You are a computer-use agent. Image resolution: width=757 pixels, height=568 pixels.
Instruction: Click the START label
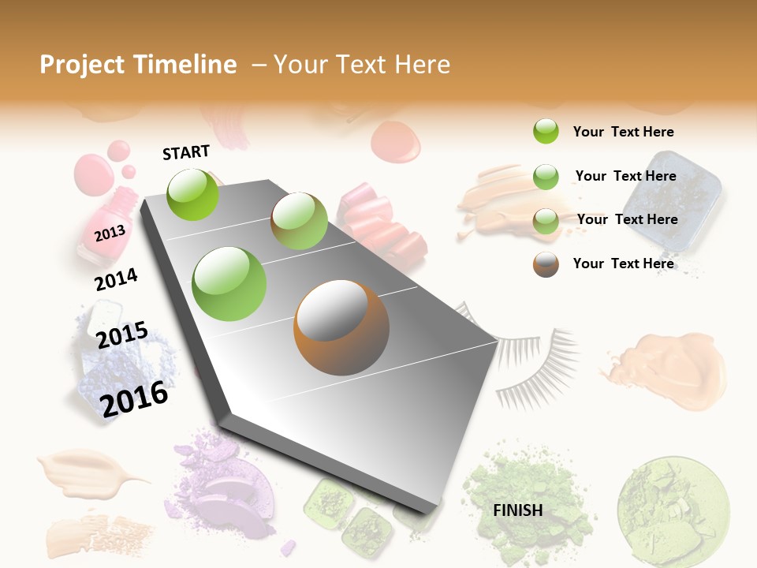click(186, 152)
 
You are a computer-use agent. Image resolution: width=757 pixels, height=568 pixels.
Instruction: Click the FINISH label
click(517, 510)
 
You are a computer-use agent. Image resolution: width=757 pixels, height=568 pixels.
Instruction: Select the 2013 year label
click(110, 234)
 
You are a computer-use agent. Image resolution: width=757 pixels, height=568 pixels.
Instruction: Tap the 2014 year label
click(116, 279)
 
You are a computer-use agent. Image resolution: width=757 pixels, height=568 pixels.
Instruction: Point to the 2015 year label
click(122, 335)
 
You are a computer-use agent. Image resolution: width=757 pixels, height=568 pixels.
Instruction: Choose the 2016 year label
click(135, 398)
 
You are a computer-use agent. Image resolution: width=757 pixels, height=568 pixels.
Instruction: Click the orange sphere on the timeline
click(341, 327)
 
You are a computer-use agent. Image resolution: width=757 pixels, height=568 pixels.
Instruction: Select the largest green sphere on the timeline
click(229, 283)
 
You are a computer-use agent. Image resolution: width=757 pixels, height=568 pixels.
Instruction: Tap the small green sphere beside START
click(193, 194)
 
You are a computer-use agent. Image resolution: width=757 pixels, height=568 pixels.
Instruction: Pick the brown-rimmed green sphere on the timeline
click(299, 221)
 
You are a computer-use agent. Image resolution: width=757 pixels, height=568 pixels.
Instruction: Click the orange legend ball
click(546, 264)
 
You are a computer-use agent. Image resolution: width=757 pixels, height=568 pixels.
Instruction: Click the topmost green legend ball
click(546, 131)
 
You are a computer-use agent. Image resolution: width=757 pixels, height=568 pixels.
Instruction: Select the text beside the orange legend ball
click(623, 263)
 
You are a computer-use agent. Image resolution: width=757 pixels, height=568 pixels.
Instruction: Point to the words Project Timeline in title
click(138, 65)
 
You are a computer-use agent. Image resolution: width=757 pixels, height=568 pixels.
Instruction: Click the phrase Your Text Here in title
click(361, 65)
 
